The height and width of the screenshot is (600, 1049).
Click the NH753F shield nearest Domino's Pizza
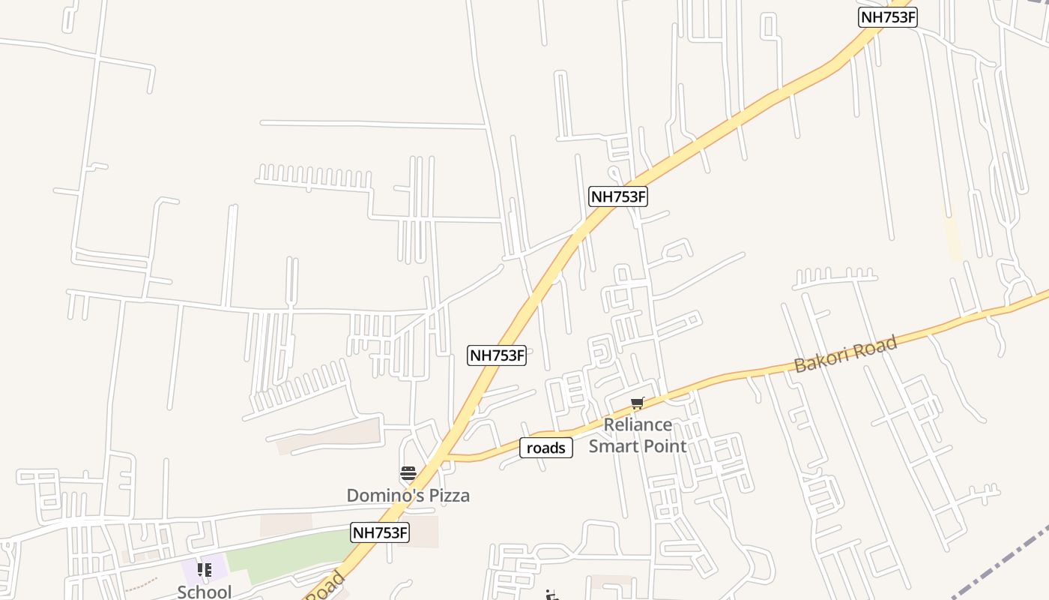(380, 532)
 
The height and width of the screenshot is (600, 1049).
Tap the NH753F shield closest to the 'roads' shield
(497, 355)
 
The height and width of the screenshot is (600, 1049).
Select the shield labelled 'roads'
(546, 448)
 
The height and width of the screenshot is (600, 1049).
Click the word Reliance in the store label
(638, 425)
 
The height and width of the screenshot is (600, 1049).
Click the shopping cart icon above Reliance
(638, 403)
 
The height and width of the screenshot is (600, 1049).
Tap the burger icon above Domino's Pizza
(408, 473)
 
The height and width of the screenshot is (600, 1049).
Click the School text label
(204, 592)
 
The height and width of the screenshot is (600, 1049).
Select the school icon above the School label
(204, 570)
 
